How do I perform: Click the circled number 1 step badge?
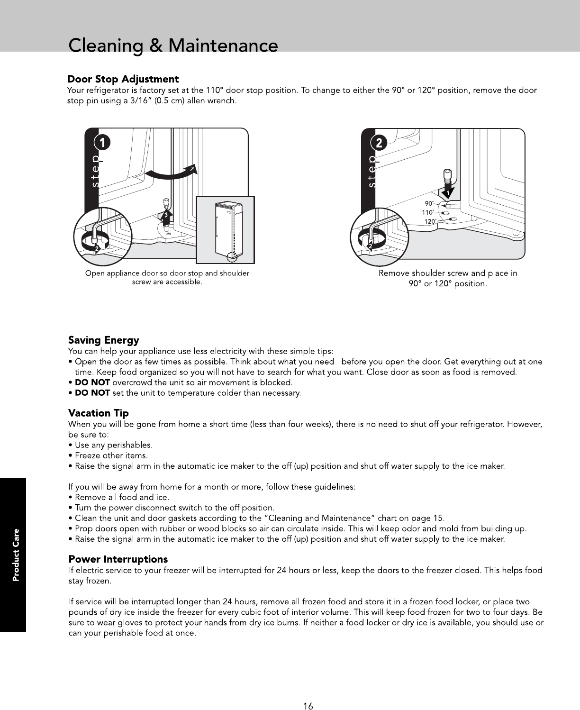(x=102, y=142)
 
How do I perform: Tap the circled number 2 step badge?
(x=379, y=143)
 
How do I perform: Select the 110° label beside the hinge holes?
(x=427, y=212)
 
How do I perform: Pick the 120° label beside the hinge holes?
(x=430, y=221)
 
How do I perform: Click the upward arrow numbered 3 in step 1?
(x=166, y=218)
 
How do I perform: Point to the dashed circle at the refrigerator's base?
(x=232, y=256)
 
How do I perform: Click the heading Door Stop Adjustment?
(x=123, y=79)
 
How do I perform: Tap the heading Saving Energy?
(x=103, y=340)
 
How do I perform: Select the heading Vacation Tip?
(x=98, y=413)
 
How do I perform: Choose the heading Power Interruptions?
(x=118, y=559)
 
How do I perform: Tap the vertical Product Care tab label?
(x=16, y=555)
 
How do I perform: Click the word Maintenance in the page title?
(x=223, y=46)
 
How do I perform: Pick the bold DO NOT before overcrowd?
(x=92, y=382)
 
